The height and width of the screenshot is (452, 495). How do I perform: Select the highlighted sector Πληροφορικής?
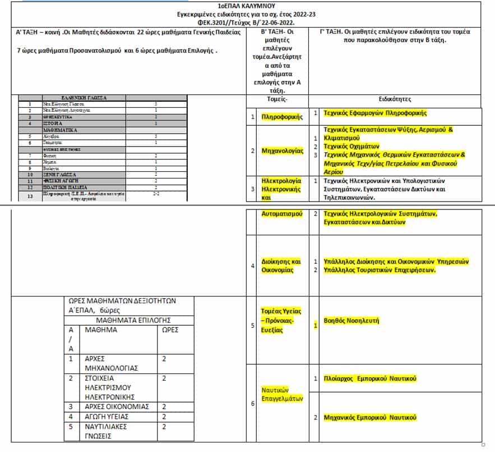click(x=282, y=117)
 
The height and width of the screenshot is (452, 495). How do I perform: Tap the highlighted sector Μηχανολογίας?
click(x=283, y=150)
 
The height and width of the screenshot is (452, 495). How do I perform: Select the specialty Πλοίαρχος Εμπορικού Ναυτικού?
click(x=370, y=378)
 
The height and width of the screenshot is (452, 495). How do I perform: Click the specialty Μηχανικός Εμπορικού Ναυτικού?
click(x=370, y=417)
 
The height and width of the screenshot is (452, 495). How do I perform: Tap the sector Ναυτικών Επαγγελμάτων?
click(x=282, y=394)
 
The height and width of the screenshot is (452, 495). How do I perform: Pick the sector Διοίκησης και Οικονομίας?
click(x=282, y=266)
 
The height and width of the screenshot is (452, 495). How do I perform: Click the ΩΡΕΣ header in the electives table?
click(x=169, y=330)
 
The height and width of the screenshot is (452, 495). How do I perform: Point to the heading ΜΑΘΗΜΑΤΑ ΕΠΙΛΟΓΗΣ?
click(x=129, y=320)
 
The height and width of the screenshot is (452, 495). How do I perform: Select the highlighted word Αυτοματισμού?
click(x=282, y=214)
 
